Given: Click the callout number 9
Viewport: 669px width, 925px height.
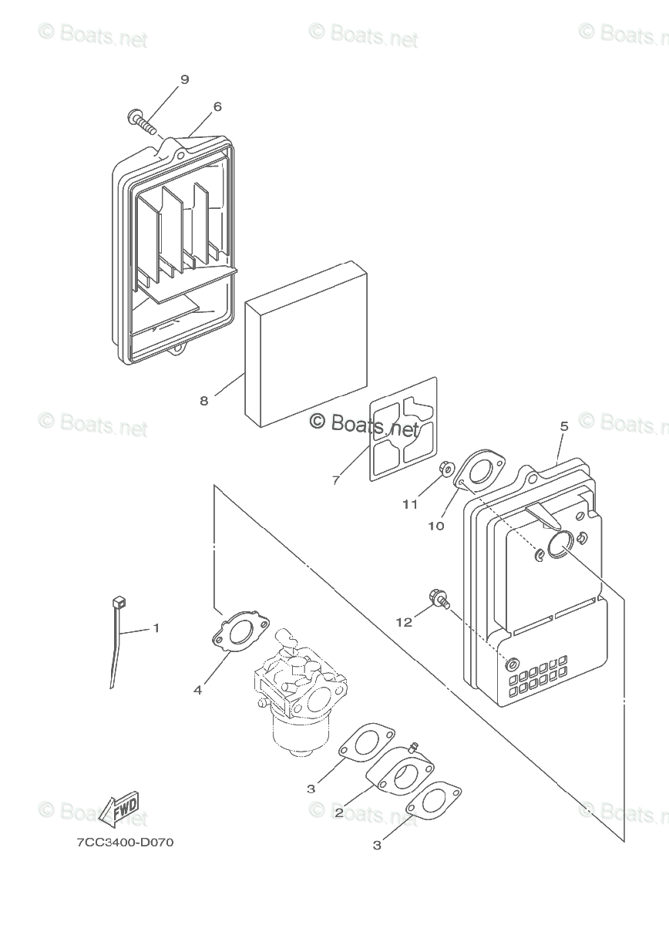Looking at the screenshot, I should pyautogui.click(x=184, y=79).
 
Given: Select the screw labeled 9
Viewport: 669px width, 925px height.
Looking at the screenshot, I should pyautogui.click(x=139, y=119).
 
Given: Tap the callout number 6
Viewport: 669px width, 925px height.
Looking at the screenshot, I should pyautogui.click(x=217, y=107).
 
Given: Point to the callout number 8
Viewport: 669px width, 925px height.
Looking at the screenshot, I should pyautogui.click(x=203, y=400).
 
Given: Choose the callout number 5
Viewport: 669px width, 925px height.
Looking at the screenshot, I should pyautogui.click(x=563, y=426).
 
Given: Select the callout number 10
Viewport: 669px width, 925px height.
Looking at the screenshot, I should pyautogui.click(x=435, y=526).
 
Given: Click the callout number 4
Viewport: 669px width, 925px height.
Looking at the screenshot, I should pyautogui.click(x=198, y=690).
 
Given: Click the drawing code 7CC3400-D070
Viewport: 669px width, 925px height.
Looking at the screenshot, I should pyautogui.click(x=125, y=843).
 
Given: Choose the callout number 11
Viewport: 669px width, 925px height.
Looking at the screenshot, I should pyautogui.click(x=409, y=504).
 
